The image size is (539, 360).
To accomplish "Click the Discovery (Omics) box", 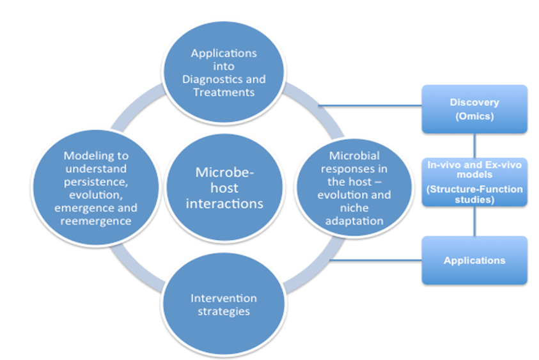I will tap(474, 109).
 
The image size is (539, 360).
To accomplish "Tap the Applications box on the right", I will tap(474, 260).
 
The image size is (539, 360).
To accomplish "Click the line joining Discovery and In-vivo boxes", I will tap(474, 145).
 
